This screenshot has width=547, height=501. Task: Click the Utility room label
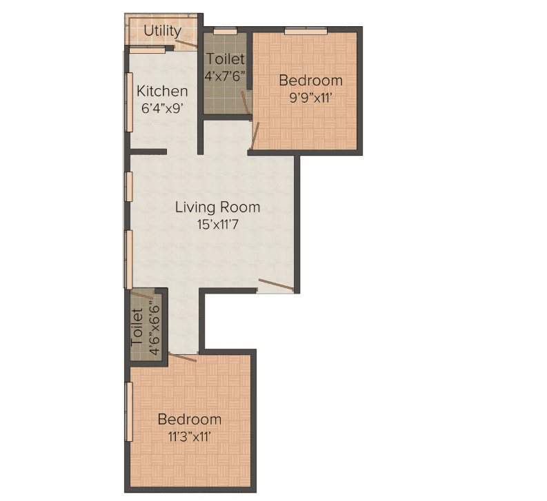[x=162, y=31]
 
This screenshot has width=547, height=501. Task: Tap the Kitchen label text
[x=162, y=91]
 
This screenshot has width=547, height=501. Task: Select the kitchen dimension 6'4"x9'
[x=162, y=108]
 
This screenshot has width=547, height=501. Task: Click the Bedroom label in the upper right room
[x=310, y=81]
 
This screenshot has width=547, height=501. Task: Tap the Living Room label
[x=217, y=207]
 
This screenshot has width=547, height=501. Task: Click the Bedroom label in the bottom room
[x=190, y=419]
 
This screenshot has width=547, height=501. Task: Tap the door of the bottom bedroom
[x=183, y=356]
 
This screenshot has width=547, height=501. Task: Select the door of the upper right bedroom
[x=255, y=134]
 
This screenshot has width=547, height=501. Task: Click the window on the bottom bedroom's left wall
[x=128, y=411]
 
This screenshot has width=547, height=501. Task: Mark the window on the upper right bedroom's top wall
[x=306, y=30]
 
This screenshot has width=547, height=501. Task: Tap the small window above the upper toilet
[x=223, y=31]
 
